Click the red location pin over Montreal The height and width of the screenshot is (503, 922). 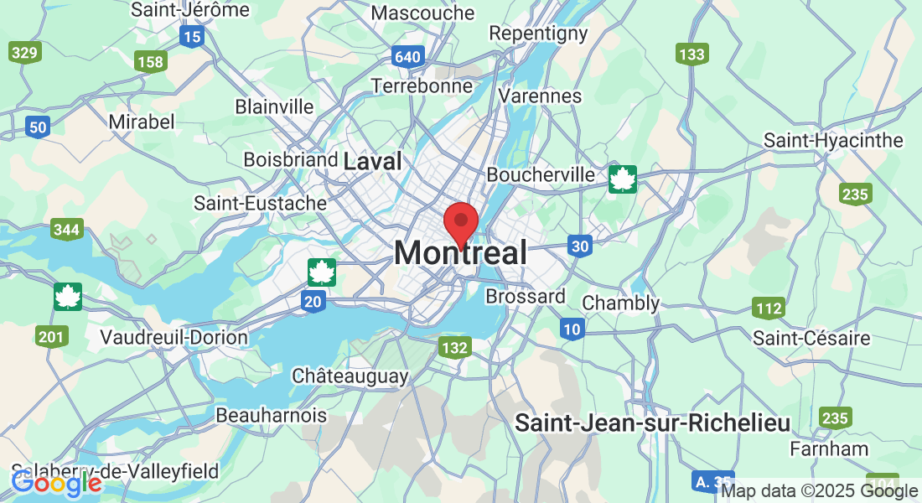(x=460, y=222)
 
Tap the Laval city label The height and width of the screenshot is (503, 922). (x=373, y=160)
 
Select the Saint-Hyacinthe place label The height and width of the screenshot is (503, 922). (x=833, y=140)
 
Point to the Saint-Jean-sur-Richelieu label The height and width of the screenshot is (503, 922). (x=652, y=423)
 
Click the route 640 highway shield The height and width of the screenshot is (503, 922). (x=407, y=57)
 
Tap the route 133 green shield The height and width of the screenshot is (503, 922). (x=692, y=54)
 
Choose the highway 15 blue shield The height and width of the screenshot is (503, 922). (x=192, y=36)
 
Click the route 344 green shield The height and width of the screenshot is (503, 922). (x=66, y=229)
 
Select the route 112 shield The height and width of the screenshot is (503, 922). (x=768, y=308)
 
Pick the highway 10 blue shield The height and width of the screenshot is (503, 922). (x=572, y=329)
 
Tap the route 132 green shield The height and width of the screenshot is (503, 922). (x=454, y=347)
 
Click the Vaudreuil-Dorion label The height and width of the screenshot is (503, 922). (x=174, y=337)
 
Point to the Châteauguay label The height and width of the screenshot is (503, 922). (x=350, y=376)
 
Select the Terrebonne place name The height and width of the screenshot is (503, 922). (x=422, y=86)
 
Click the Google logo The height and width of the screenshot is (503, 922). (x=56, y=483)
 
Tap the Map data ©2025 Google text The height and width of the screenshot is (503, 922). (x=819, y=491)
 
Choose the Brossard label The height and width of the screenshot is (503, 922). (x=526, y=297)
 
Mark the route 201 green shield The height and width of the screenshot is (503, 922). (x=52, y=337)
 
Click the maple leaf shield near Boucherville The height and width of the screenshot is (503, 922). (x=623, y=179)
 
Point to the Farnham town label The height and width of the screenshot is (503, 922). (x=829, y=449)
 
